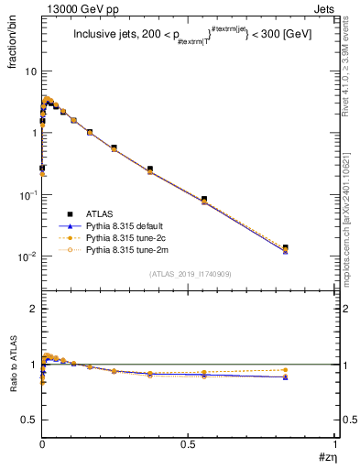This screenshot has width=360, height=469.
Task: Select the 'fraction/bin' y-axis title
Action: click(x=20, y=46)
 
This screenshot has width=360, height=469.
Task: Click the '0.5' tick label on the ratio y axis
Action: click(x=28, y=420)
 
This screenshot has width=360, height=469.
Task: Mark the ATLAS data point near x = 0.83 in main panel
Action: click(x=285, y=248)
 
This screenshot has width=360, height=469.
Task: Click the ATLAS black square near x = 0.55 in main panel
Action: click(x=204, y=199)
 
